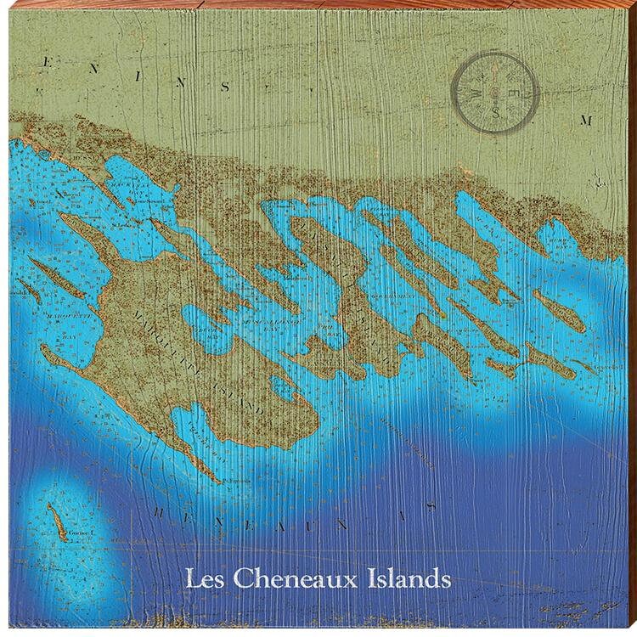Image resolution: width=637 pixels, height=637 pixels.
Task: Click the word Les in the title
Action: coord(205,581)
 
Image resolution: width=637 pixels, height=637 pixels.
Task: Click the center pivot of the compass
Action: coord(495,91)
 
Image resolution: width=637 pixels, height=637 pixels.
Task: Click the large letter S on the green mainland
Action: coord(225,86)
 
